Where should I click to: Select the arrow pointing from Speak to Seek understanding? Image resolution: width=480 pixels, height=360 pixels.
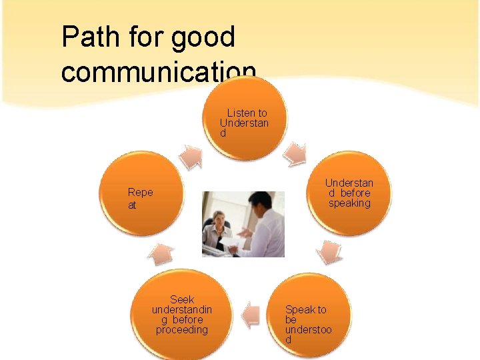(x=249, y=314)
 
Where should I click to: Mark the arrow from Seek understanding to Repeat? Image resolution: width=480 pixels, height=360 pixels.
(x=161, y=253)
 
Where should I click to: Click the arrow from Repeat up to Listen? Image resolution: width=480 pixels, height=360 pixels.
(x=192, y=156)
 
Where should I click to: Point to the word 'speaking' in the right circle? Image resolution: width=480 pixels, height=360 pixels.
(x=349, y=203)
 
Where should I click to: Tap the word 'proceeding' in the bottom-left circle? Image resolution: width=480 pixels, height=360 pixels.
(x=182, y=329)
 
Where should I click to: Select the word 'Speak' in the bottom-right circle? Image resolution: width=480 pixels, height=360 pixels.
(x=299, y=309)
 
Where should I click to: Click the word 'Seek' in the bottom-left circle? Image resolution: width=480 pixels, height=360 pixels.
(x=182, y=299)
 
